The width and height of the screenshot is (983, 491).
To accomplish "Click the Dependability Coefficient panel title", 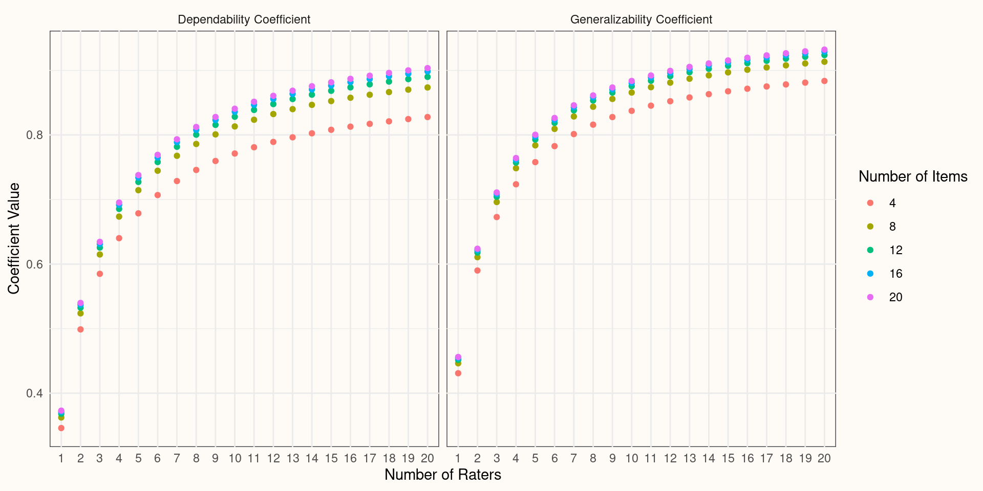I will (x=244, y=19).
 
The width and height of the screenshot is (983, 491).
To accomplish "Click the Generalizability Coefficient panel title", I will (x=641, y=19).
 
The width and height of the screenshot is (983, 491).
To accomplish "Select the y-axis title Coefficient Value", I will (x=14, y=238).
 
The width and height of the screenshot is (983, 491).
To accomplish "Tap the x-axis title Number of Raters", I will (x=442, y=475).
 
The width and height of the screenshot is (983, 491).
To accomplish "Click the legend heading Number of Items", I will (x=913, y=176).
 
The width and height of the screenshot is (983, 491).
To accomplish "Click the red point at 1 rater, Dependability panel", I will (x=61, y=428).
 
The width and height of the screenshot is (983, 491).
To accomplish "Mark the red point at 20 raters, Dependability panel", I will (x=428, y=117).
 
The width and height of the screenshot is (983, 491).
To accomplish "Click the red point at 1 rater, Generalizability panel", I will (x=458, y=373).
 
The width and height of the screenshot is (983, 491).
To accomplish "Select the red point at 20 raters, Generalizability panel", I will (x=824, y=81).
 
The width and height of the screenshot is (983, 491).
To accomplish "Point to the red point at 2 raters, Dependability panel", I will (x=80, y=329).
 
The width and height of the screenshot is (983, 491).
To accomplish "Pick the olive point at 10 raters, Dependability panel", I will (x=234, y=126).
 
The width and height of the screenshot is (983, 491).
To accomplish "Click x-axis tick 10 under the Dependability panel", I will (x=234, y=458).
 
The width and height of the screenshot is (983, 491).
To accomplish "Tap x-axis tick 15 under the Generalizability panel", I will (x=728, y=458).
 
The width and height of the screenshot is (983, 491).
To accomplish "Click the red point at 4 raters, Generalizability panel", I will (x=516, y=184).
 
